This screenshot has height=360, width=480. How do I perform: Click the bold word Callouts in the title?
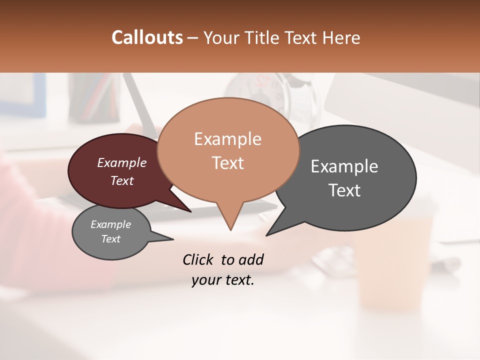tap(147, 38)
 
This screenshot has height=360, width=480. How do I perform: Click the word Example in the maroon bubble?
tap(122, 163)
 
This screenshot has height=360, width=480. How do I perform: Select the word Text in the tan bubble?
tap(228, 163)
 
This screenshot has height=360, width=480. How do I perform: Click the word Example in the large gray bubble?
tap(344, 166)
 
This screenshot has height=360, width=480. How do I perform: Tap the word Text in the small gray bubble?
tap(111, 239)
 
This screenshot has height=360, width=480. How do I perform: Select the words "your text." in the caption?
tap(223, 280)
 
